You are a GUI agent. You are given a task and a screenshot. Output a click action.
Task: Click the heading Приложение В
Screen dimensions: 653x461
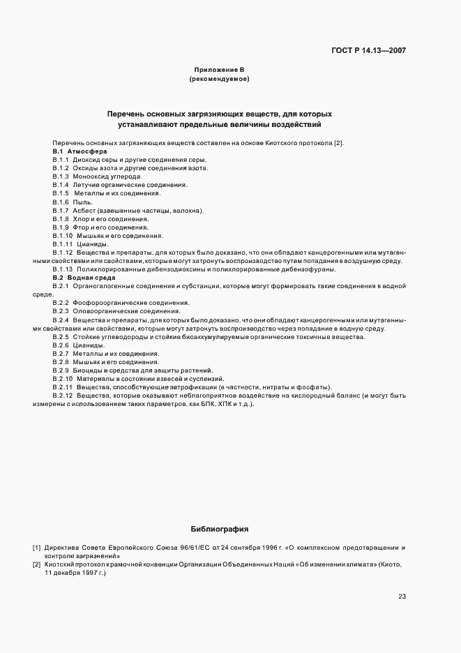[x=219, y=70]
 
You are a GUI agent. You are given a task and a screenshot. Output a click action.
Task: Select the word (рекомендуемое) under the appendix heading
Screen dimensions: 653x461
[x=219, y=80]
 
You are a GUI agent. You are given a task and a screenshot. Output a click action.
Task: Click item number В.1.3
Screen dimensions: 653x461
[x=60, y=177]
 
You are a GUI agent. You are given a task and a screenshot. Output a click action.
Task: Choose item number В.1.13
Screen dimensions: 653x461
[x=63, y=269]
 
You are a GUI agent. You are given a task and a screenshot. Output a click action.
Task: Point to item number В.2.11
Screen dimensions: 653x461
[x=63, y=386]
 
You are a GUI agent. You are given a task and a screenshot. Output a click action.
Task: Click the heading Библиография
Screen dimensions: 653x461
[x=219, y=529]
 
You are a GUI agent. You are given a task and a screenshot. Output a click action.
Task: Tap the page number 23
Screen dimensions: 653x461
[x=402, y=596]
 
